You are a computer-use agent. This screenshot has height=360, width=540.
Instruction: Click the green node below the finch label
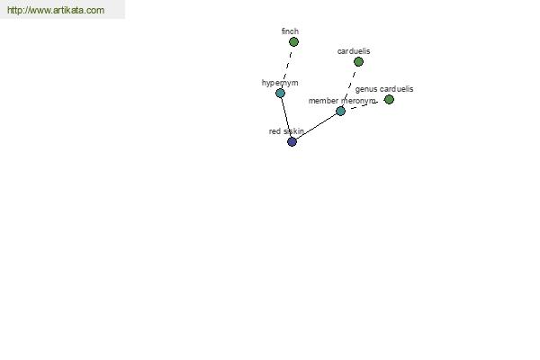[x=293, y=41]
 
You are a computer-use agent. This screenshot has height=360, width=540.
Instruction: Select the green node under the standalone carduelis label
[x=358, y=62]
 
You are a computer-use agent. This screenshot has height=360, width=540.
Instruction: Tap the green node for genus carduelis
[x=389, y=100]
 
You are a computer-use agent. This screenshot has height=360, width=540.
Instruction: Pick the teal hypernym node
[x=280, y=93]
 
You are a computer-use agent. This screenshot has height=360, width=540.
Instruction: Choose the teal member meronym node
[x=340, y=111]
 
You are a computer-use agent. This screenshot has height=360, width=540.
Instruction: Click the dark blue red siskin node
[x=292, y=141]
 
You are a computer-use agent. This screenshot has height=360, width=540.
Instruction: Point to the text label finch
[x=290, y=31]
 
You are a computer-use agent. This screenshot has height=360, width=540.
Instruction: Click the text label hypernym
[x=280, y=83]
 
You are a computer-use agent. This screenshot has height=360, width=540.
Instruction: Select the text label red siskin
[x=286, y=131]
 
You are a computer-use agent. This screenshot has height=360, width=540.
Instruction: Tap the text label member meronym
[x=342, y=101]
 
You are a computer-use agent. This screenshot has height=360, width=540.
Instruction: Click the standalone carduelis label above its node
[x=354, y=51]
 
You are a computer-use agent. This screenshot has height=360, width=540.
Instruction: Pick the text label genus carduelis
[x=384, y=89]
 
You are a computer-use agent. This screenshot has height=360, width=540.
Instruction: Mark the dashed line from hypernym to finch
[x=287, y=66]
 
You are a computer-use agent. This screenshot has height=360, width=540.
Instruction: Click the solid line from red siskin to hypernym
[x=285, y=117]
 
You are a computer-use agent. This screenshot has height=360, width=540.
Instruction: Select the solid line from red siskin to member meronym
[x=316, y=126]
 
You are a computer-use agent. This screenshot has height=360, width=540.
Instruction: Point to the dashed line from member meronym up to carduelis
[x=349, y=86]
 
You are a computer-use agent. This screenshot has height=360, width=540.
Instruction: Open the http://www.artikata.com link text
[x=56, y=11]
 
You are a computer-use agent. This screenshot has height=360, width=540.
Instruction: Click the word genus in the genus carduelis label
[x=365, y=89]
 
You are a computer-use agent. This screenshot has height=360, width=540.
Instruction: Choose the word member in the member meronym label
[x=324, y=101]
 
